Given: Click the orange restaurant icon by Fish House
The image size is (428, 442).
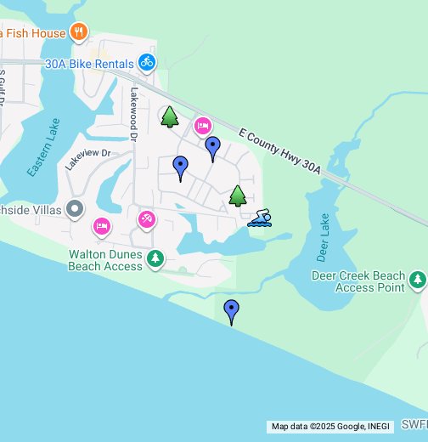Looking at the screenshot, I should [78, 32].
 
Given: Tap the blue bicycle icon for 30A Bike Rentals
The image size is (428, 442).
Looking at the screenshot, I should [147, 62].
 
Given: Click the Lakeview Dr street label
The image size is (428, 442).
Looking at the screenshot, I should [88, 159].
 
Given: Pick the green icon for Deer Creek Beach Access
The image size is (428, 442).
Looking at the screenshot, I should [417, 279].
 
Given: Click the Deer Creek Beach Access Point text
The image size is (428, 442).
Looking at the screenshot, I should [369, 282].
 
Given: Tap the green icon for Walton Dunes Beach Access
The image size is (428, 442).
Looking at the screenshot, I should [155, 258].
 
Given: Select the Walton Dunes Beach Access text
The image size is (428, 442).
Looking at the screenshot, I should [105, 259].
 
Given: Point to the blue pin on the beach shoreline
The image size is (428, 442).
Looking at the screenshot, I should [231, 311].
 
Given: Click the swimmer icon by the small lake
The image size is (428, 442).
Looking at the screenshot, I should [260, 220].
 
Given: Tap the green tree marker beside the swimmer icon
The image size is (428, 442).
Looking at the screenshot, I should [238, 196].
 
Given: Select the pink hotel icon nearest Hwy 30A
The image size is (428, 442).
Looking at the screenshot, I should [202, 126].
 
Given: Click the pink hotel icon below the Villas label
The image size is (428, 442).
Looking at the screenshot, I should [101, 227].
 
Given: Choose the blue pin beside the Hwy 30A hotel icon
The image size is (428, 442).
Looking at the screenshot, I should [213, 148].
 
